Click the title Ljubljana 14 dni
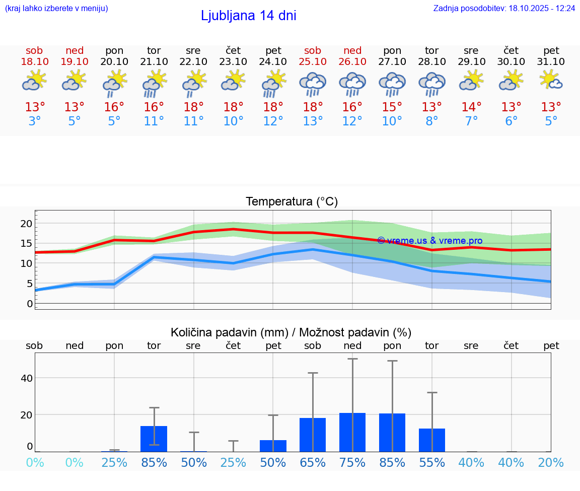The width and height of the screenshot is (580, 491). click(x=248, y=16)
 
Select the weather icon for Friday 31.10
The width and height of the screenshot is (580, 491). click(x=551, y=81)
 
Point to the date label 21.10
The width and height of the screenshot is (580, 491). click(x=154, y=61)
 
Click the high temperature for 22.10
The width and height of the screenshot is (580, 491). click(x=193, y=107)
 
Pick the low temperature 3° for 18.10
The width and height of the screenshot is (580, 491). click(x=35, y=121)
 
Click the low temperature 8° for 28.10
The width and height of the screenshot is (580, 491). click(x=432, y=121)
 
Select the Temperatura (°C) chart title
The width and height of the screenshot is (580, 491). click(x=292, y=202)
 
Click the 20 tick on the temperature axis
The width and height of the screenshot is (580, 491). click(x=26, y=224)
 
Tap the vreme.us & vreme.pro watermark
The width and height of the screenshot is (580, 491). click(x=429, y=241)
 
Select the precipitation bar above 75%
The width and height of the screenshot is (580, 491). click(x=352, y=433)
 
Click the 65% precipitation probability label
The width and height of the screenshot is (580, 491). click(x=313, y=463)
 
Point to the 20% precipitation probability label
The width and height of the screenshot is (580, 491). click(x=551, y=463)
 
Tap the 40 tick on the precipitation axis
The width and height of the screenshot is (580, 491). click(x=27, y=378)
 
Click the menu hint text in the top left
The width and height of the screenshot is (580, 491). click(x=56, y=8)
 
